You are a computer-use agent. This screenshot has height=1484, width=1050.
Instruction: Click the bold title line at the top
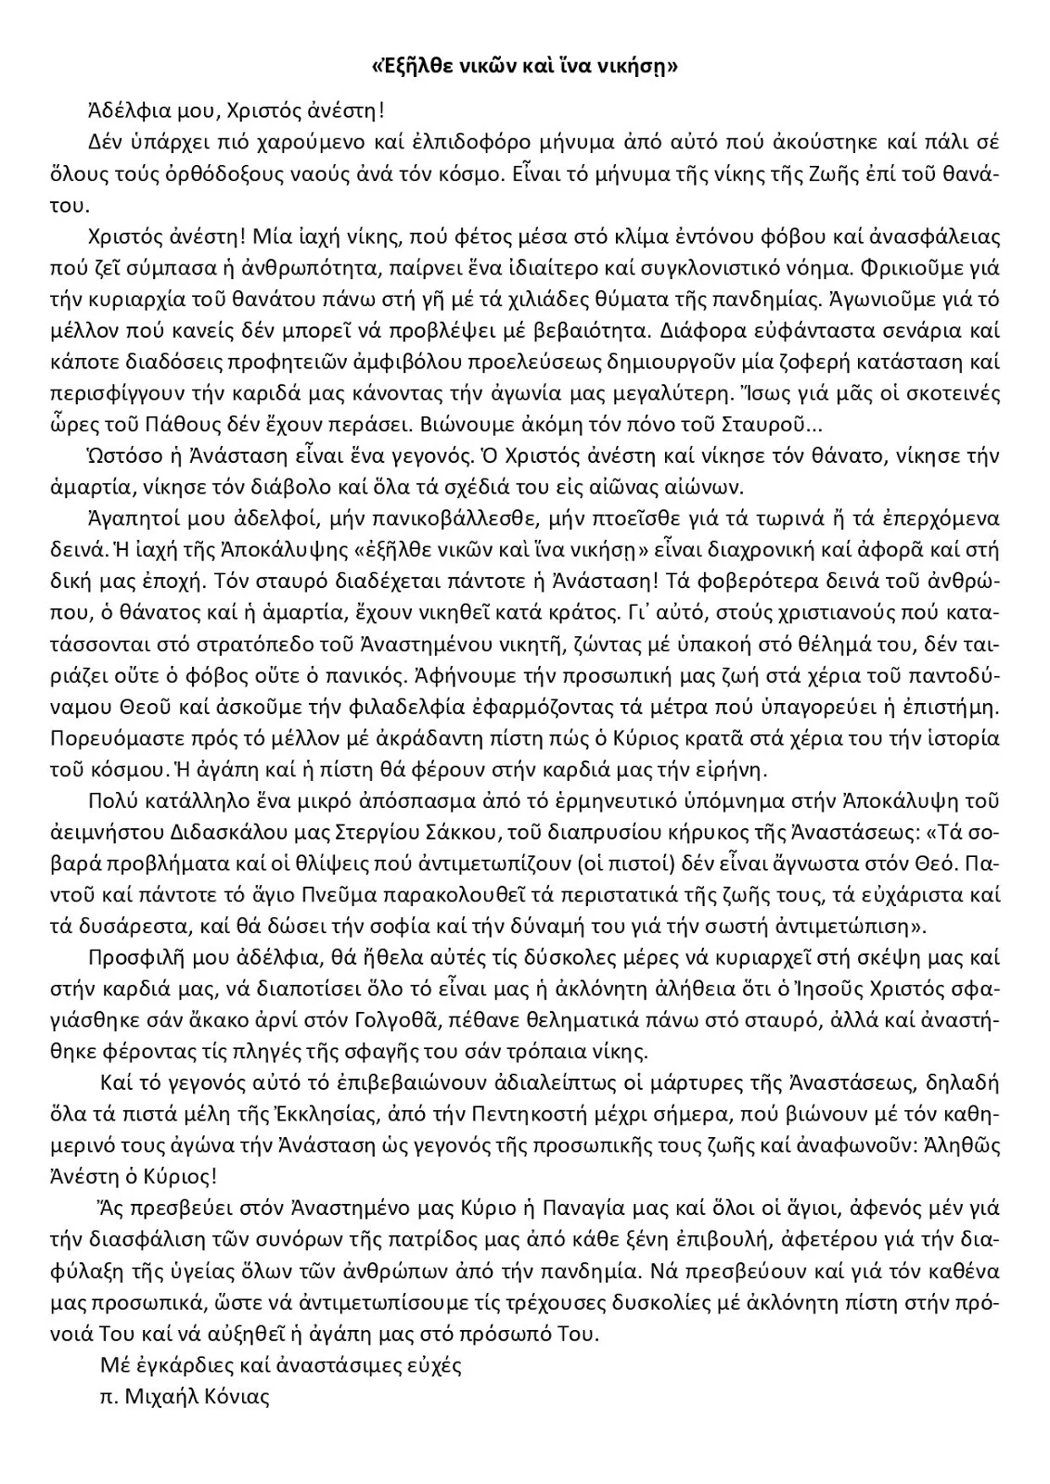(x=524, y=67)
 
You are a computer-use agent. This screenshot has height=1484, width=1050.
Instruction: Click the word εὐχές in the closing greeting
(x=429, y=1365)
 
